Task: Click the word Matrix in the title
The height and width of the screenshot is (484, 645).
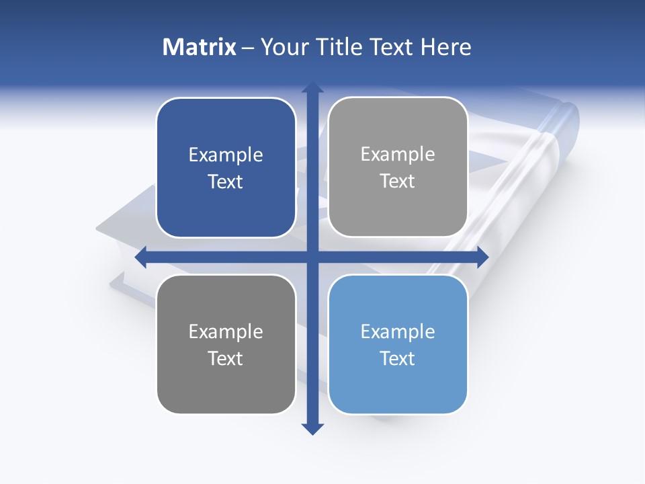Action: click(x=200, y=47)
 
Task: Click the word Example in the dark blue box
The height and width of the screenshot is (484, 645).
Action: click(x=226, y=155)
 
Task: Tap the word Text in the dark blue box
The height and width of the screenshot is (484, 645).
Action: click(x=226, y=182)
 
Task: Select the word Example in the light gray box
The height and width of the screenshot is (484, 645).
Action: click(x=398, y=155)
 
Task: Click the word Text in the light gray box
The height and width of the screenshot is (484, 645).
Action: click(x=398, y=182)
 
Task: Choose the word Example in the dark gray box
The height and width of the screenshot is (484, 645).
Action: click(x=226, y=332)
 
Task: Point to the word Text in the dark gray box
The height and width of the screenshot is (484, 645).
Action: click(x=226, y=359)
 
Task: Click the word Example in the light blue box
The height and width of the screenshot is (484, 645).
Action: click(x=398, y=332)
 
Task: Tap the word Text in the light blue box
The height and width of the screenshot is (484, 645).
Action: click(x=398, y=359)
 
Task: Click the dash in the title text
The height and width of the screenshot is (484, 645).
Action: click(x=248, y=48)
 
